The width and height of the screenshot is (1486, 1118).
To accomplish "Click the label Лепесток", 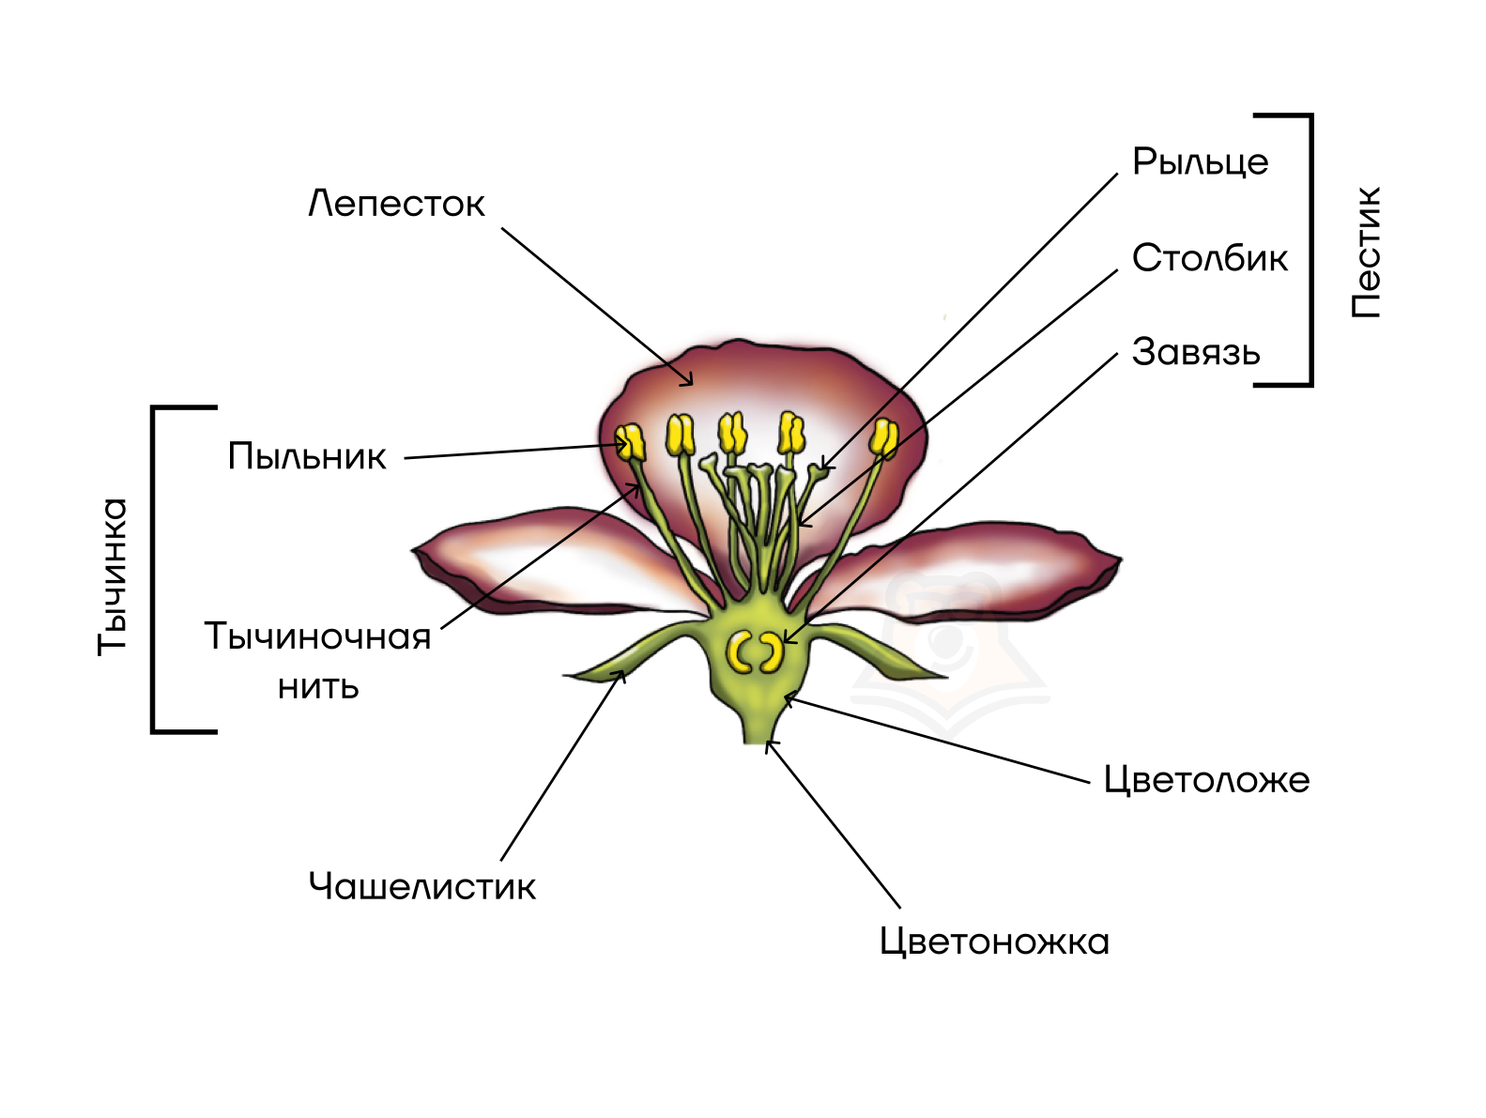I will click(396, 204).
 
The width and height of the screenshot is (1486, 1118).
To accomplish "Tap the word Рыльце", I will click(1200, 162).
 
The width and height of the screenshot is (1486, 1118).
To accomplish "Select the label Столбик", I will click(1209, 258).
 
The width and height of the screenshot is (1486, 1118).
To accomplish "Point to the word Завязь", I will click(1195, 353).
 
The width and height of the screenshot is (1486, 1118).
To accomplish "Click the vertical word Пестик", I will click(1366, 252).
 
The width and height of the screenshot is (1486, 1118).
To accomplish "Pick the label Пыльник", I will click(307, 456).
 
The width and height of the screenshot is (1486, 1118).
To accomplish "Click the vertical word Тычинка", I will click(113, 575).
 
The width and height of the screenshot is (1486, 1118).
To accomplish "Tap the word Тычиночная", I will click(317, 637).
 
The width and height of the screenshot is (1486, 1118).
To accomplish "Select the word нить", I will click(318, 686).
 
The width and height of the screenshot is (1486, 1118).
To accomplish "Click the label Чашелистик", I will click(421, 886).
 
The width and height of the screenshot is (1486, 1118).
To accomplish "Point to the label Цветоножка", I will click(994, 942).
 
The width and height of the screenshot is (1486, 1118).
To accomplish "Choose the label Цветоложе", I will click(1206, 780).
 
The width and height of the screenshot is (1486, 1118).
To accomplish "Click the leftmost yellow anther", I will click(630, 442).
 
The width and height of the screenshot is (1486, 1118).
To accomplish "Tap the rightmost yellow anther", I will click(883, 437).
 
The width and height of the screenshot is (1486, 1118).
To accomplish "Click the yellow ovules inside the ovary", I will click(756, 651).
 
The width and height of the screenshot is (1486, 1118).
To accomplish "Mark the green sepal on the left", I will click(638, 653).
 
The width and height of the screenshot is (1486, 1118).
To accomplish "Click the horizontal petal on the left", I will click(544, 563).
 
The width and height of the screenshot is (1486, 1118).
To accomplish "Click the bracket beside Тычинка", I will click(155, 569).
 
